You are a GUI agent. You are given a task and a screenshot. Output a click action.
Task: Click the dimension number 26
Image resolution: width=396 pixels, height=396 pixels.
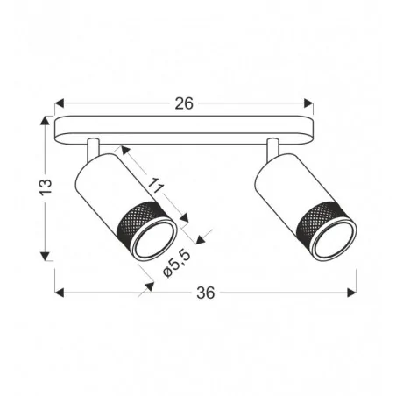pyautogui.click(x=183, y=103)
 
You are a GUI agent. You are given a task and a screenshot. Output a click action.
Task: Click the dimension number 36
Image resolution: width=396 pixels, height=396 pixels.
pyautogui.click(x=205, y=293)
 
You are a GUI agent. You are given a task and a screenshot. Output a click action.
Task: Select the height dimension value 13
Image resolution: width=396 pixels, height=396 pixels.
pyautogui.click(x=46, y=187)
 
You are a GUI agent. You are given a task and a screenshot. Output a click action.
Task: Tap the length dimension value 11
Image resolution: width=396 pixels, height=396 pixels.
pyautogui.click(x=156, y=185)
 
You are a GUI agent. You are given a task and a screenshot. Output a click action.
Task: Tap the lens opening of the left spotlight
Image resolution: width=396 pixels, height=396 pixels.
pyautogui.click(x=155, y=240)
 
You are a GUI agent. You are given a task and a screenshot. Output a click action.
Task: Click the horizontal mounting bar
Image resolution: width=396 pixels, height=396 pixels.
pyautogui.click(x=183, y=128)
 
